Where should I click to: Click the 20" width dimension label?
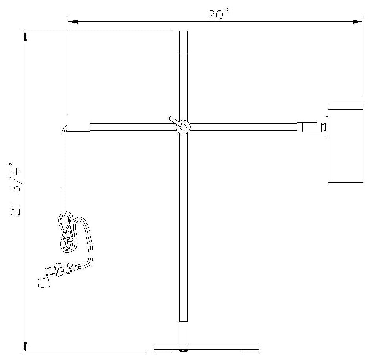pyautogui.click(x=218, y=14)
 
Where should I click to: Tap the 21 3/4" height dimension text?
pyautogui.click(x=15, y=189)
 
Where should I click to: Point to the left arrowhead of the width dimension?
pyautogui.click(x=73, y=22)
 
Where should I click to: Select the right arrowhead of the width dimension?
pyautogui.click(x=357, y=22)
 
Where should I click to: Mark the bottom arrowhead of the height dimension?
pyautogui.click(x=25, y=347)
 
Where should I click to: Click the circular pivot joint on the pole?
pyautogui.click(x=183, y=127)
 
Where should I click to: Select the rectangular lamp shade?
pyautogui.click(x=345, y=143)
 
